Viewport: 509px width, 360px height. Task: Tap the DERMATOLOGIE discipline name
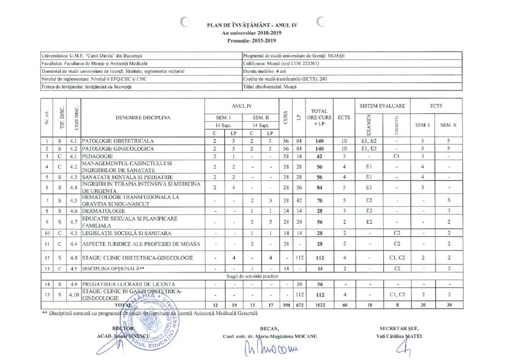click(x=104, y=211)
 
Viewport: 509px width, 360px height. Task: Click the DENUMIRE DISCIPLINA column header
click(x=143, y=118)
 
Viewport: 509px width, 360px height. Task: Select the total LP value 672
click(x=299, y=303)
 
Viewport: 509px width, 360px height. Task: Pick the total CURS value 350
click(x=286, y=303)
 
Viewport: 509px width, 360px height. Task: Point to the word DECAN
click(x=269, y=328)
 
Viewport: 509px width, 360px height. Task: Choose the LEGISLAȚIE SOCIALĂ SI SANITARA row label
click(x=127, y=233)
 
